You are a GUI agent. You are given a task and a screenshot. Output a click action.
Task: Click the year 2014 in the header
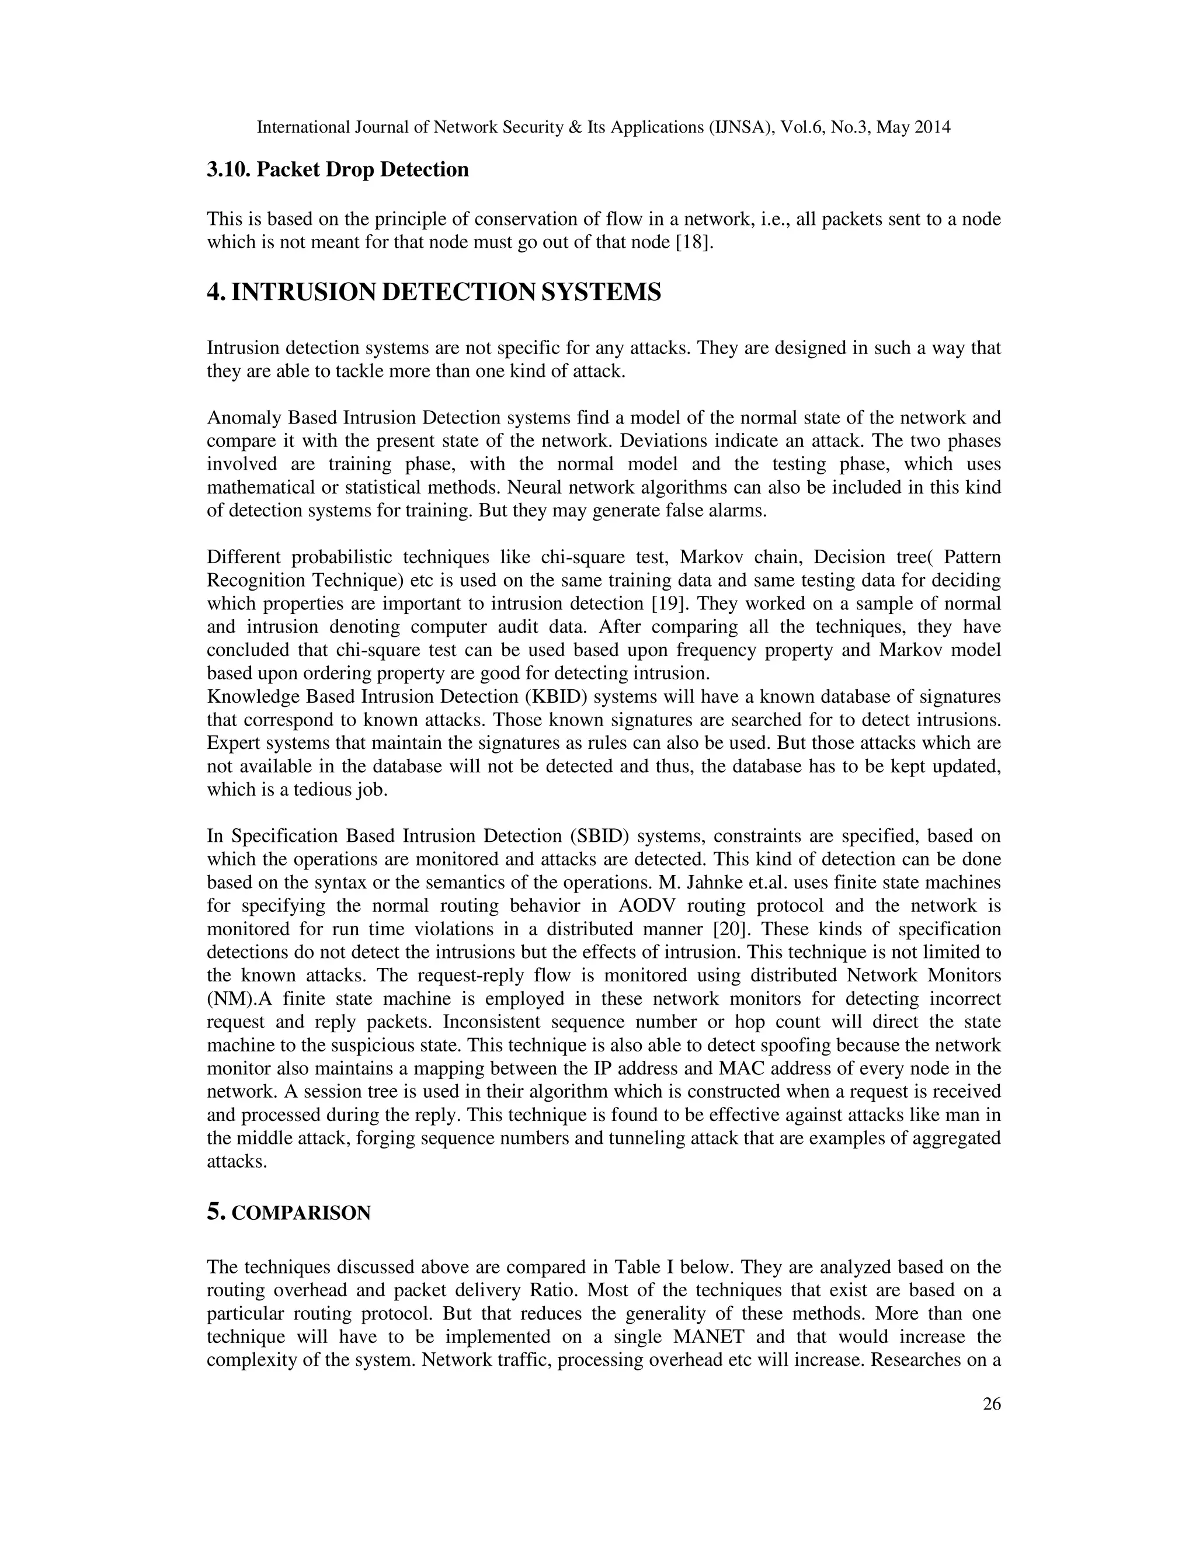tap(930, 127)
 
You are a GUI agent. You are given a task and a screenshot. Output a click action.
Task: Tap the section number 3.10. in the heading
tap(229, 170)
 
